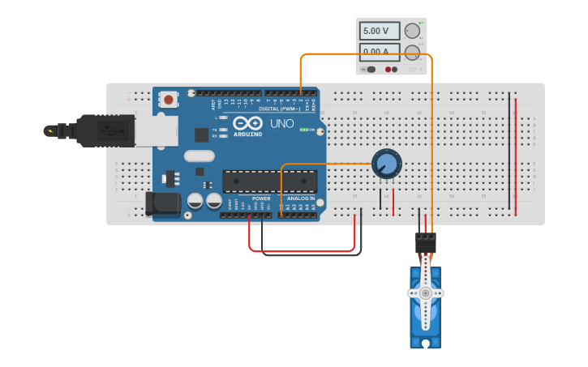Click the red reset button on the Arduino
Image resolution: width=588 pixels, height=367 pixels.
click(168, 100)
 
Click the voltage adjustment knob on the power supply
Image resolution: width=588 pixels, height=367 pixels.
click(412, 31)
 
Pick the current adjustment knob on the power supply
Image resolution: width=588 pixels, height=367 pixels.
click(412, 53)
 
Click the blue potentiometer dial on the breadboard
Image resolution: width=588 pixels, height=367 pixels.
click(387, 164)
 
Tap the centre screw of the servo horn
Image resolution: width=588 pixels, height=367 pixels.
click(425, 292)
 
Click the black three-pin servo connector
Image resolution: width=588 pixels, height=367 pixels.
click(425, 242)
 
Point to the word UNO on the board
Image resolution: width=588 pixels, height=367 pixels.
click(281, 123)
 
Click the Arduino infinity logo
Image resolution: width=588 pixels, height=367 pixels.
click(247, 123)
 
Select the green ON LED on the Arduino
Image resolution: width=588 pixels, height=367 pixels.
click(303, 130)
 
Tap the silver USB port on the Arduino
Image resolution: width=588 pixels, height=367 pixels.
click(156, 130)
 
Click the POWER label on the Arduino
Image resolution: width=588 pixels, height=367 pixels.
click(261, 198)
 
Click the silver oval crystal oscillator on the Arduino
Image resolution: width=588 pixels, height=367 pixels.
click(200, 156)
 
